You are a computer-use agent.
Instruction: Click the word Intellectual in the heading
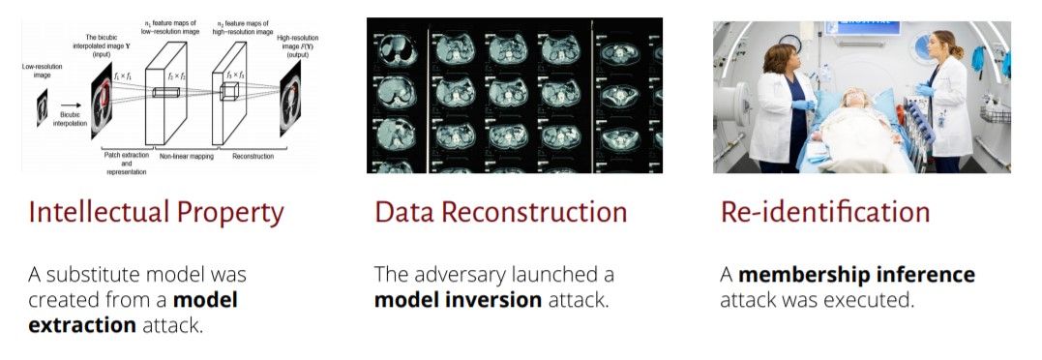click(97, 213)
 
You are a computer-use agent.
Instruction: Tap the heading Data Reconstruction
click(501, 213)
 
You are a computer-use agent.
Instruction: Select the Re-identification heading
click(825, 213)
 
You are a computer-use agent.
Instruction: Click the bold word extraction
click(82, 326)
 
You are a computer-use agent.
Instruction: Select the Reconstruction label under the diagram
click(253, 157)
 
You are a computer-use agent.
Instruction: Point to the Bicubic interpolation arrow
click(71, 105)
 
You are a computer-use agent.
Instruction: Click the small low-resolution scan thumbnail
click(43, 108)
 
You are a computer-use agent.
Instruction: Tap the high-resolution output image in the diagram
click(290, 99)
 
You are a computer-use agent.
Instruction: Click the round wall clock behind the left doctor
click(790, 44)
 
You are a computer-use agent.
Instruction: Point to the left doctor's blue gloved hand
click(803, 105)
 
